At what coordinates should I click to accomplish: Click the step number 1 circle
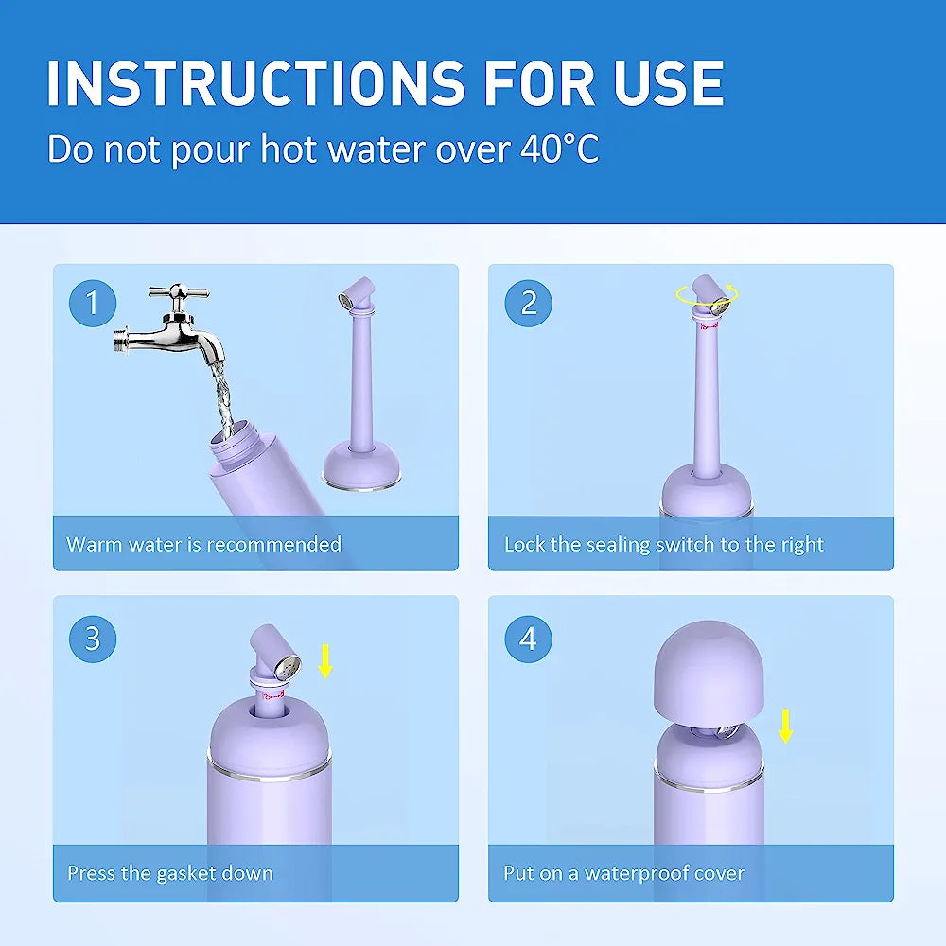click(93, 304)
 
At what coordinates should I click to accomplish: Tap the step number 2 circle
click(529, 304)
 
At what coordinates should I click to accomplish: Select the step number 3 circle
click(93, 639)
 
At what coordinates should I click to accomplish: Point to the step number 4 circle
click(529, 639)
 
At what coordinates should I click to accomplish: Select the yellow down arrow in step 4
click(785, 726)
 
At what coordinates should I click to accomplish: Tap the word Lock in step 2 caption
click(523, 544)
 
